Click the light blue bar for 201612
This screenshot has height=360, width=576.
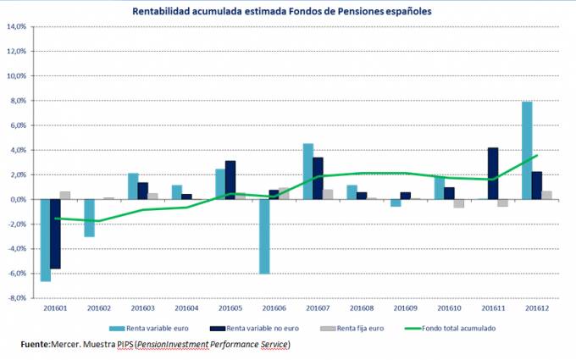pos(527,151)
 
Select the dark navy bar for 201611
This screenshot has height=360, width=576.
pos(494,174)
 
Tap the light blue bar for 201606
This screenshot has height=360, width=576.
pos(265,237)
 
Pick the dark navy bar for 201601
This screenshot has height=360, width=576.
pos(56,234)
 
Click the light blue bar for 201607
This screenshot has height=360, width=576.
pos(308,172)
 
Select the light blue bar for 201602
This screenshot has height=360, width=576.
pos(89,218)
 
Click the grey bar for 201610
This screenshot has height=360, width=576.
pos(459,203)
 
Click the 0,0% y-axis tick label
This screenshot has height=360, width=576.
pos(19,200)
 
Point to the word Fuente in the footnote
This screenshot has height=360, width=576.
pos(35,344)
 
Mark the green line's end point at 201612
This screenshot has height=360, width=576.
pos(537,156)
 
